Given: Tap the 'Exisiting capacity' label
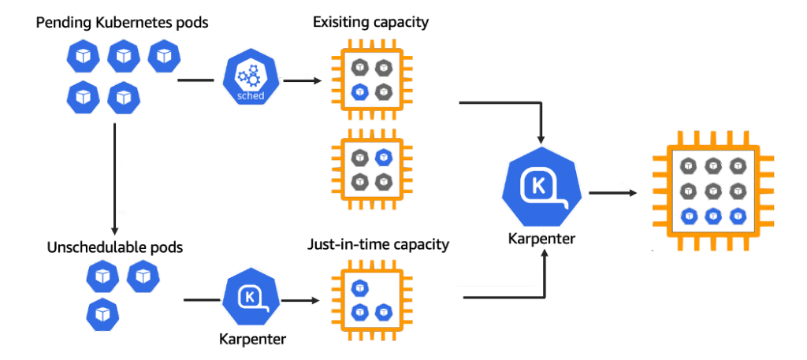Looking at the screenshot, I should tap(370, 22).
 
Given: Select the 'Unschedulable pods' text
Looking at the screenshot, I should tap(115, 247).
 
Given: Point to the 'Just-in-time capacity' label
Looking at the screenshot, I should tap(378, 244).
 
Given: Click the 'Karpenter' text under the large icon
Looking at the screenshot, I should tap(542, 238).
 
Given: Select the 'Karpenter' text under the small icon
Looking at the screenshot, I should tap(251, 340).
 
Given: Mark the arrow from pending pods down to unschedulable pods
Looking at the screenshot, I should tap(116, 173).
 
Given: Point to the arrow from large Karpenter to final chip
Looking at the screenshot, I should tap(615, 191).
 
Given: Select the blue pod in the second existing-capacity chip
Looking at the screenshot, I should tap(384, 157).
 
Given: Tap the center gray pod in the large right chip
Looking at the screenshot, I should tap(713, 190).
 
